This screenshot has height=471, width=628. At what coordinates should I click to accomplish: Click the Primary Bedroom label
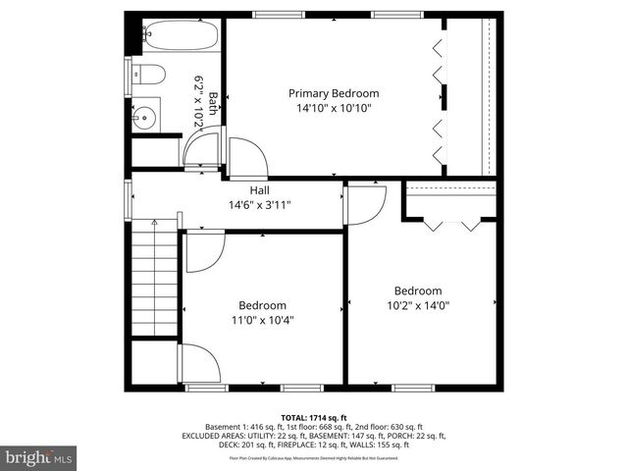[333, 93]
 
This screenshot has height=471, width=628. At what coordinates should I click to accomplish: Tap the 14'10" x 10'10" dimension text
[333, 108]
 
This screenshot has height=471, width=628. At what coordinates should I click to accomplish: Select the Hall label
[259, 190]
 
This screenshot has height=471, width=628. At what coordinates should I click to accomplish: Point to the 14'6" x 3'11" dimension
[259, 205]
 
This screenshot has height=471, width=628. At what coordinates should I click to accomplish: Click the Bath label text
[213, 103]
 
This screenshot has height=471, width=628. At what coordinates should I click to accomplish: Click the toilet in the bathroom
[148, 74]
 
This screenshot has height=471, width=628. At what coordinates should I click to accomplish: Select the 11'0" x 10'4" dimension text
[262, 320]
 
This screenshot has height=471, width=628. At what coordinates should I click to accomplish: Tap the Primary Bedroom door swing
[246, 156]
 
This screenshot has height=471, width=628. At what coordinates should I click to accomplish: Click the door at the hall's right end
[364, 205]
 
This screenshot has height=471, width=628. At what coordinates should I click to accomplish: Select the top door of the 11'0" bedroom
[204, 251]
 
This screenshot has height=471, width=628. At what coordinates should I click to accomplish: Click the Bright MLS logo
[39, 456]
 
